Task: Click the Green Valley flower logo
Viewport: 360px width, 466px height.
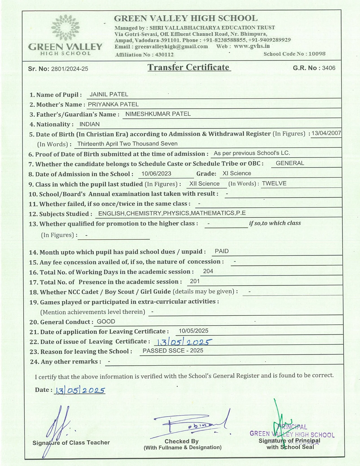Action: tap(66, 27)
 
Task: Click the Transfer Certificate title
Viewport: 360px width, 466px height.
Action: tap(189, 67)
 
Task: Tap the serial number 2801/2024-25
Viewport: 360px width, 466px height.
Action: tap(69, 69)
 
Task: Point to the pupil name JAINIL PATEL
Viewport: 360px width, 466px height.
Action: tap(109, 94)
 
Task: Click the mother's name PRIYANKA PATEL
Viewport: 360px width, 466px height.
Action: tap(113, 104)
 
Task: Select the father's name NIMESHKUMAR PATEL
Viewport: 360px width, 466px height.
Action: tap(158, 114)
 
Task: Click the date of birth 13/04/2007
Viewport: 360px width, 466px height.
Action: tap(326, 133)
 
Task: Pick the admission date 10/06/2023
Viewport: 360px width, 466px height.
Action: tap(156, 174)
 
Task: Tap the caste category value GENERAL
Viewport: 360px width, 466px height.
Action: tap(290, 163)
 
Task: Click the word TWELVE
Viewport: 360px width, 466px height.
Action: tap(274, 184)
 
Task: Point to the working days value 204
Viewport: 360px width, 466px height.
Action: tap(208, 271)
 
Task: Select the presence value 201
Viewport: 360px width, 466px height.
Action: tap(195, 281)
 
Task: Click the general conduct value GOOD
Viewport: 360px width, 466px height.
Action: tap(106, 321)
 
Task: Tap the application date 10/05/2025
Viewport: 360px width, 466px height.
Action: tap(193, 331)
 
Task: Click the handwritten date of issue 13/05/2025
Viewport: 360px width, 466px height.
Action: tap(183, 342)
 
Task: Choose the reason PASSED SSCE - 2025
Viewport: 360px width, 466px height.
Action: tap(173, 350)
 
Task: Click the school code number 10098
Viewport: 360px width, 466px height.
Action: tap(317, 54)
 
